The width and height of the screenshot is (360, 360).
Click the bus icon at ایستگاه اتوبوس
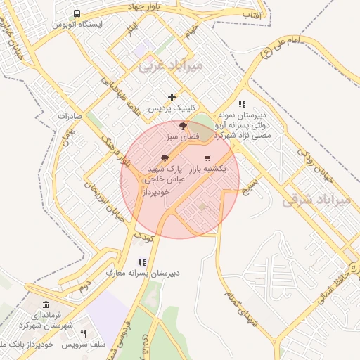click(77, 13)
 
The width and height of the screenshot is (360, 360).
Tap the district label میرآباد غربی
click(171, 67)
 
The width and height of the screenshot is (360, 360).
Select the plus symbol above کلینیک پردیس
click(172, 96)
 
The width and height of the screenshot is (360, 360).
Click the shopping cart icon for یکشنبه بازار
click(207, 158)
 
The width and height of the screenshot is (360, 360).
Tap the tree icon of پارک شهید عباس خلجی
click(165, 158)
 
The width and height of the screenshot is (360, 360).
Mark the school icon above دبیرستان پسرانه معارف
click(142, 262)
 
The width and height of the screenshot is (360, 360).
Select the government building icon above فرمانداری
click(46, 304)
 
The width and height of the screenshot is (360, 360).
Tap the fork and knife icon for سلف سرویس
click(83, 333)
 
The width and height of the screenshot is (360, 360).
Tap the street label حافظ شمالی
click(330, 276)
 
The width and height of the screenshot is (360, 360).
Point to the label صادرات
click(71, 115)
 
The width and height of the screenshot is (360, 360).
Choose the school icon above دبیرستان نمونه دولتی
click(242, 103)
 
